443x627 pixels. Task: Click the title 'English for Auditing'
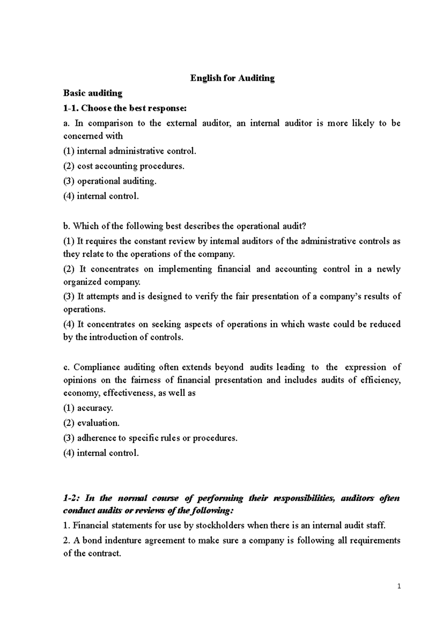pyautogui.click(x=232, y=78)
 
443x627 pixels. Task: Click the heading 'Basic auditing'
pyautogui.click(x=93, y=93)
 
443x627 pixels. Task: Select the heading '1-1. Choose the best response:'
pyautogui.click(x=125, y=108)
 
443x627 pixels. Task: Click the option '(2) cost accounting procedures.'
pyautogui.click(x=124, y=166)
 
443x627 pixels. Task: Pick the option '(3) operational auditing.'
pyautogui.click(x=110, y=181)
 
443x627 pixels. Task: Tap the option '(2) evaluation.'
pyautogui.click(x=92, y=423)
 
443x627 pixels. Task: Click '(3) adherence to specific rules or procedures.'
pyautogui.click(x=150, y=438)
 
